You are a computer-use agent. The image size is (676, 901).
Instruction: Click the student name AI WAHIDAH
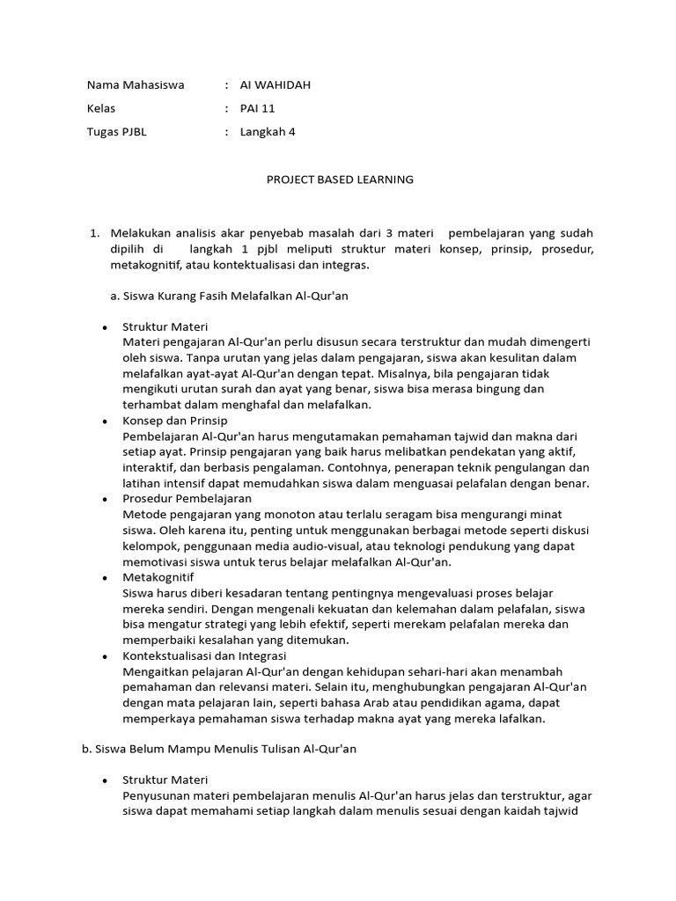click(276, 85)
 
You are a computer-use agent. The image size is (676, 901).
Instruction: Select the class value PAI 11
click(256, 108)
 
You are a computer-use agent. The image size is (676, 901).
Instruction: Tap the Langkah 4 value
click(268, 132)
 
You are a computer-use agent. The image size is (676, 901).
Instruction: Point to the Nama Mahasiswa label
click(135, 85)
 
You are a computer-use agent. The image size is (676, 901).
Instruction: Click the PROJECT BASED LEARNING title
click(340, 179)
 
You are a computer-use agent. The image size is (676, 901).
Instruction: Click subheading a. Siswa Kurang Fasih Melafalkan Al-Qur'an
click(230, 296)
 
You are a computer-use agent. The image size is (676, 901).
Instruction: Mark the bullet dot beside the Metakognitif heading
click(105, 577)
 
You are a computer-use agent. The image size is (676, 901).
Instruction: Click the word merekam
click(426, 624)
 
